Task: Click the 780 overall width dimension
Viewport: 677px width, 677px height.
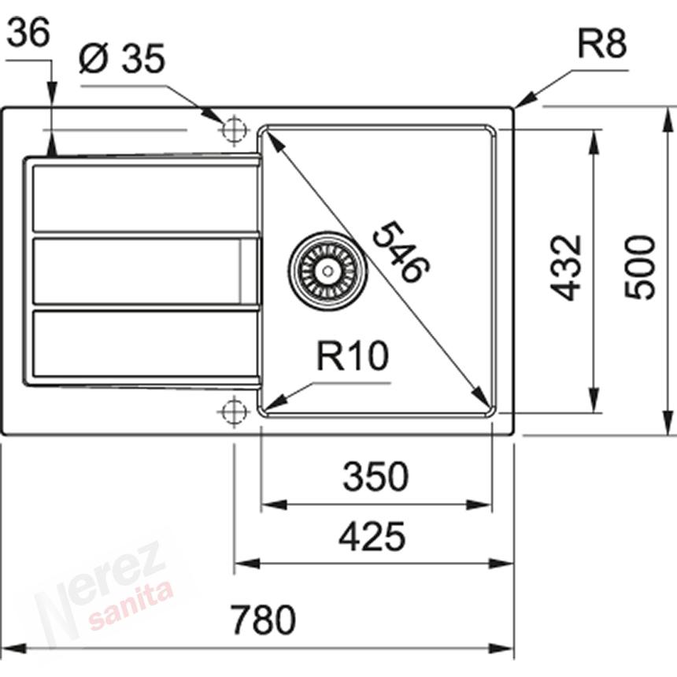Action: point(263,620)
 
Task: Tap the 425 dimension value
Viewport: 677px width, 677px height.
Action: point(372,537)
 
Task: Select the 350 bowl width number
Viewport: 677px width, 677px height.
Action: point(375,476)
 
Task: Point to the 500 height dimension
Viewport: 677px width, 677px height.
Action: point(640,267)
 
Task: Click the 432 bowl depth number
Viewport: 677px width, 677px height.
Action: point(565,268)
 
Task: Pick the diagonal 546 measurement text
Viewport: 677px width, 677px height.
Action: point(400,252)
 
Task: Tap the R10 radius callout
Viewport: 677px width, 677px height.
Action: point(353,355)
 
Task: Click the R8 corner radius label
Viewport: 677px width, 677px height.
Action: point(602,43)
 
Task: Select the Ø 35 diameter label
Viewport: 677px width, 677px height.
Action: point(122,58)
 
